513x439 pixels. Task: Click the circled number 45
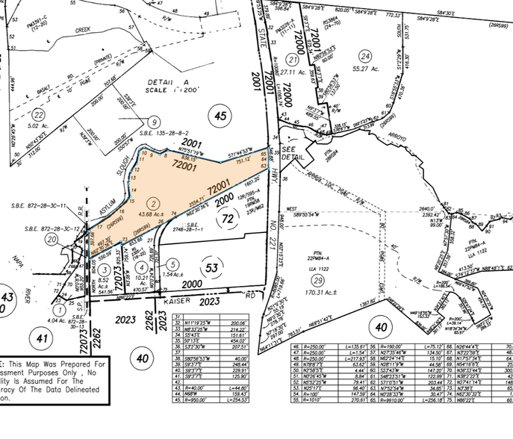pyautogui.click(x=220, y=116)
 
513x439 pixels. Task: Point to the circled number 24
pyautogui.click(x=364, y=56)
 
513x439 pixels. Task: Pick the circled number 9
pyautogui.click(x=155, y=122)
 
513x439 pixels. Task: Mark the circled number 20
pyautogui.click(x=51, y=239)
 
